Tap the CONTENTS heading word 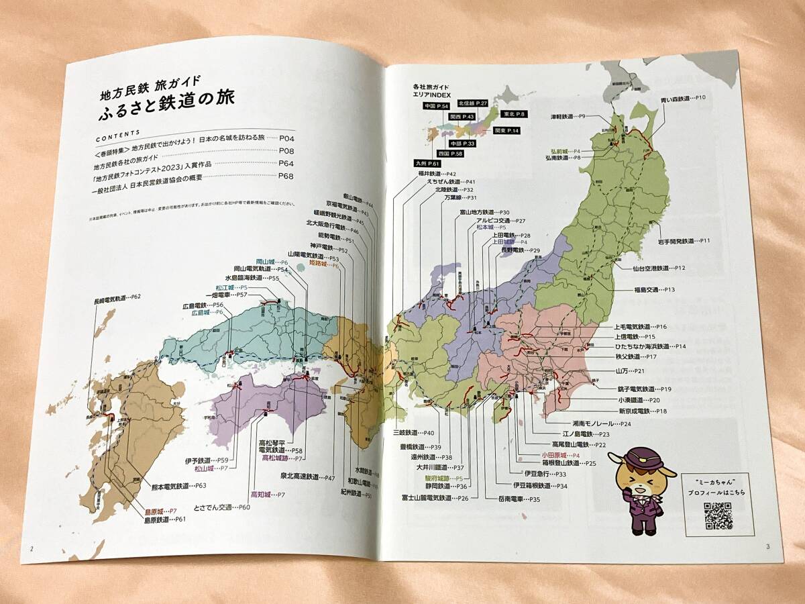(119, 133)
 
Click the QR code (718, 515)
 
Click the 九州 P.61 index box (427, 163)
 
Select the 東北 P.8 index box (513, 115)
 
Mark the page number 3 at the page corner (767, 546)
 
